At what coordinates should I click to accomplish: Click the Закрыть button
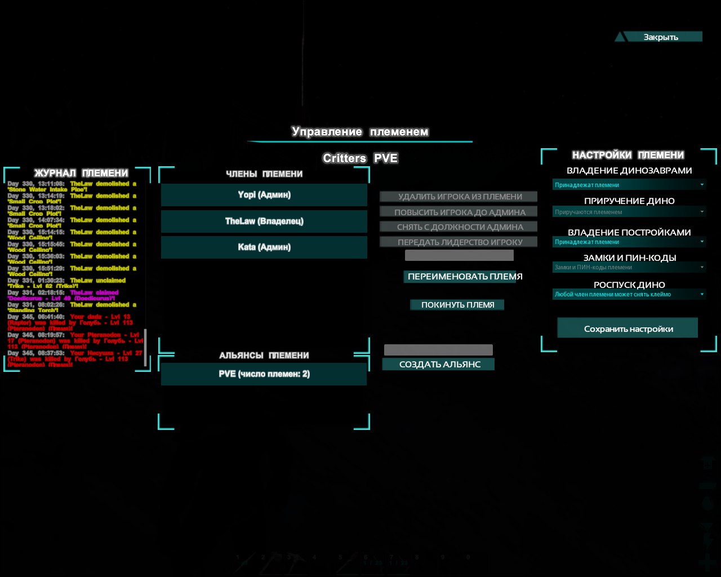coord(660,37)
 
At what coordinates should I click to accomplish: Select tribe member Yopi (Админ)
coord(264,195)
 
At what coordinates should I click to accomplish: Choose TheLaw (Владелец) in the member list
coord(264,221)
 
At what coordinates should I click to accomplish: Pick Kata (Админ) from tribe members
coord(264,247)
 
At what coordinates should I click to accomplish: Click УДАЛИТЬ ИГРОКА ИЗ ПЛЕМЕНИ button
coord(459,197)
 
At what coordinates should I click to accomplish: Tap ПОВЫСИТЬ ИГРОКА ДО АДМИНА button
coord(459,212)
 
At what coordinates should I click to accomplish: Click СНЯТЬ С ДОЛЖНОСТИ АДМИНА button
coord(459,227)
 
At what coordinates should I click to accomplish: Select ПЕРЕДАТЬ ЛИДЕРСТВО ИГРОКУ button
coord(459,242)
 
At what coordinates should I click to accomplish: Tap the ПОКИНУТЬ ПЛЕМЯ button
coord(457,305)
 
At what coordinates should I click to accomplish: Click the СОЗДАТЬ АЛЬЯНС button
coord(439,365)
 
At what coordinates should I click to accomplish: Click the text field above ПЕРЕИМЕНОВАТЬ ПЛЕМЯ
coord(459,256)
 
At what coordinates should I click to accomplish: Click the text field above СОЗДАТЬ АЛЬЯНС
coord(438,350)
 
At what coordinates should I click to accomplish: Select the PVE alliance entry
coord(264,374)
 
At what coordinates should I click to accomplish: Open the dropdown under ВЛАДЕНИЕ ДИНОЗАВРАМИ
coord(629,185)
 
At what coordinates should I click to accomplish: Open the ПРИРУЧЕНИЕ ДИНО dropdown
coord(629,212)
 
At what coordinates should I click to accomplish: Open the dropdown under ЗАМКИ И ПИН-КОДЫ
coord(629,268)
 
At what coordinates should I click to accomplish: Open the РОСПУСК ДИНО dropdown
coord(629,294)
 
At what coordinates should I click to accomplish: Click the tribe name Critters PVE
coord(360,158)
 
